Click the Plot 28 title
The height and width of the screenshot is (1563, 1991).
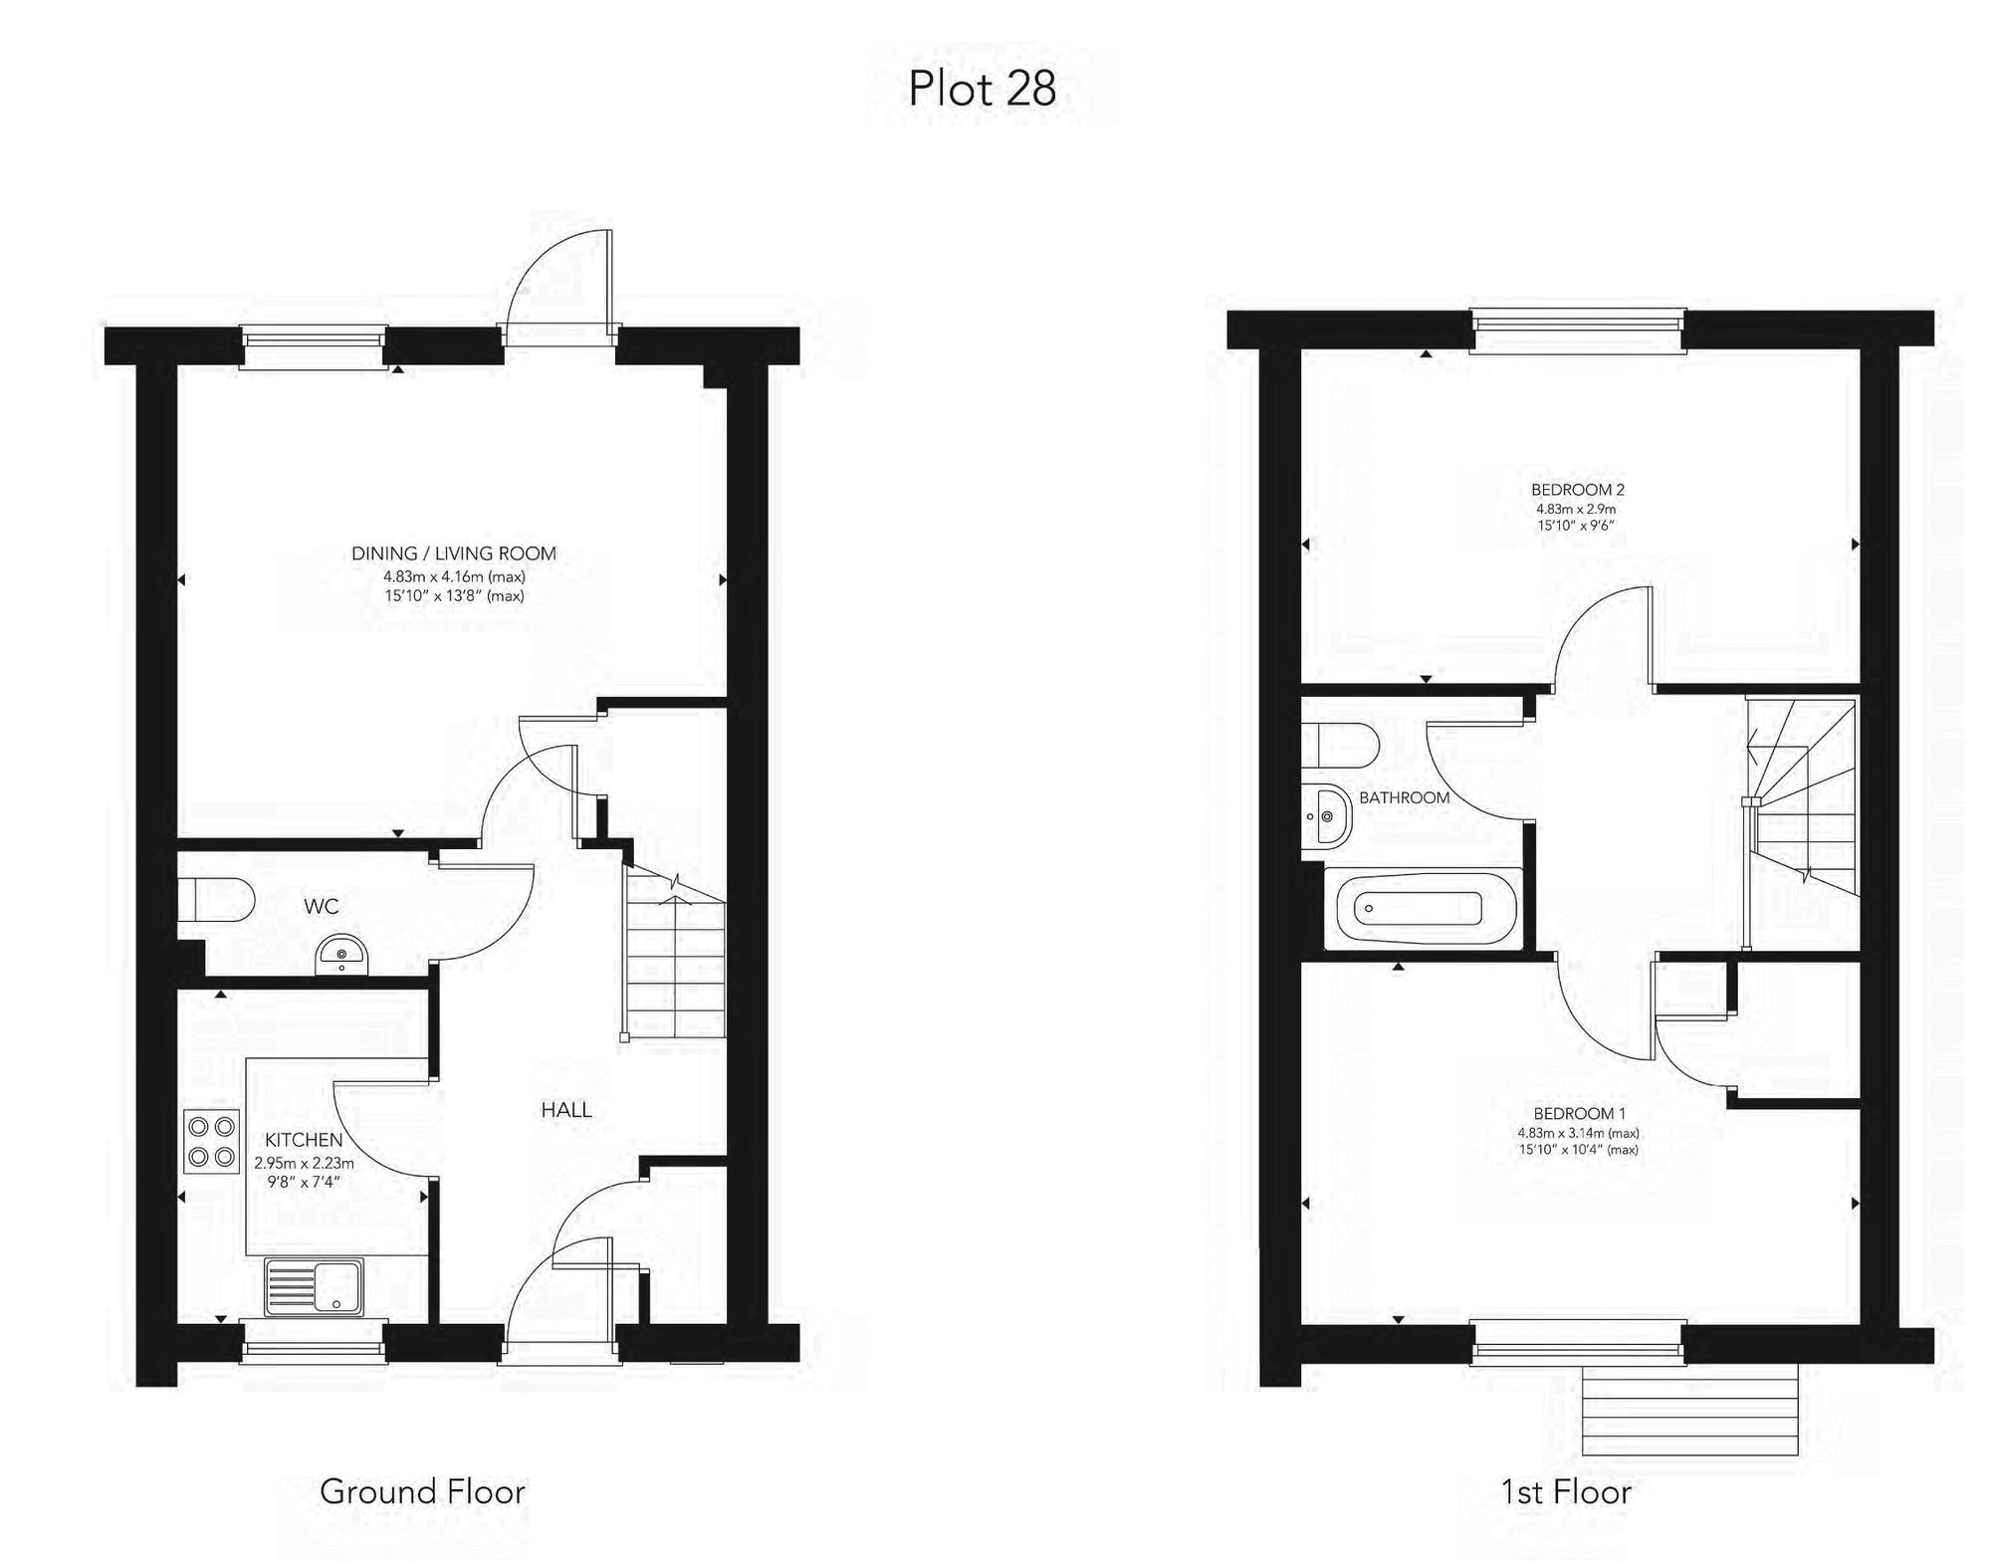pos(982,90)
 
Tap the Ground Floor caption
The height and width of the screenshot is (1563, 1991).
pos(422,1490)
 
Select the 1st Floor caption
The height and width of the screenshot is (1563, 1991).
pos(1566,1491)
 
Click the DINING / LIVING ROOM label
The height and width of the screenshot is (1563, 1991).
pos(454,554)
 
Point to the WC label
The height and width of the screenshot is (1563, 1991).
pos(321,906)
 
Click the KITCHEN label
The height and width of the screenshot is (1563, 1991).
pos(304,1140)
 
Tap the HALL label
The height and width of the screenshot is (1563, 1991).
pos(566,1110)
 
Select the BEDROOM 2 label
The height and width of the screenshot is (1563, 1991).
pos(1578,490)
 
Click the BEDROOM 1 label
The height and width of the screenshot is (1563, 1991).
pos(1579,1113)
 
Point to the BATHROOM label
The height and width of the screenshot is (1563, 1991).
pos(1404,797)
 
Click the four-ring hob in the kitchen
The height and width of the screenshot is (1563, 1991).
pos(212,1141)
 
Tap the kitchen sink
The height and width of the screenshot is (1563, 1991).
pos(315,1285)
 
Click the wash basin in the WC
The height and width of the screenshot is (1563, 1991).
pos(342,956)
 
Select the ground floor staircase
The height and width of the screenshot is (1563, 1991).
pos(675,956)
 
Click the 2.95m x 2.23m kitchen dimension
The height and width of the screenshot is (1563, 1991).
pos(304,1162)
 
